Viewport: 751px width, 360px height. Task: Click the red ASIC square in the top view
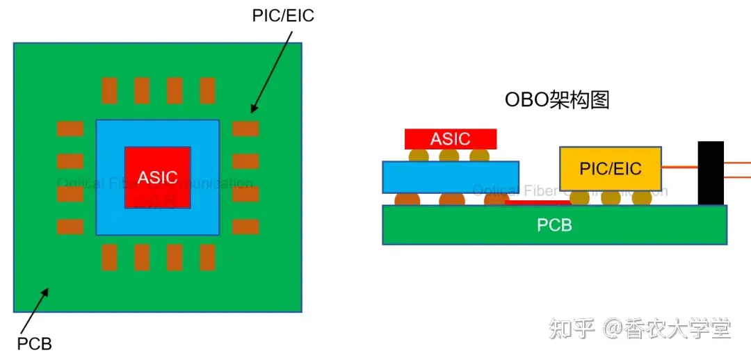pos(158,177)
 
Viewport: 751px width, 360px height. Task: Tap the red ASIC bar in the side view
pos(451,139)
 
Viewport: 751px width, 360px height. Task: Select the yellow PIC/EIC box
pos(610,168)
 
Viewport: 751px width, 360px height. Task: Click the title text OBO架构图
pos(557,99)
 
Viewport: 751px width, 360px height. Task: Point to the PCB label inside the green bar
pos(554,225)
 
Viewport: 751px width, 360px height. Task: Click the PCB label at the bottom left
pos(35,343)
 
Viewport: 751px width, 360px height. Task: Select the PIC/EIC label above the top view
pos(283,15)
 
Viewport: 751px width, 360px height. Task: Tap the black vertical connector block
pos(711,172)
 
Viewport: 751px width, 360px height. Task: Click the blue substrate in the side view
pos(451,177)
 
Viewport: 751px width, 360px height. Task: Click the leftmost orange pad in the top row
pos(109,90)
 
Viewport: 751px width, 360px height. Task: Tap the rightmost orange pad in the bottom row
pos(207,257)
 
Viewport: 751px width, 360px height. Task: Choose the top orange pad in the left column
pos(70,129)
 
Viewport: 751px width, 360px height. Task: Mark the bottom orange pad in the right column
pos(245,227)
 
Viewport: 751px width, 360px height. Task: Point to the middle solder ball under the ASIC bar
pos(449,155)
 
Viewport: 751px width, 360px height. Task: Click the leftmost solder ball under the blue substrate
pos(407,199)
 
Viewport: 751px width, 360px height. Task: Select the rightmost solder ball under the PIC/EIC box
pos(640,198)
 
